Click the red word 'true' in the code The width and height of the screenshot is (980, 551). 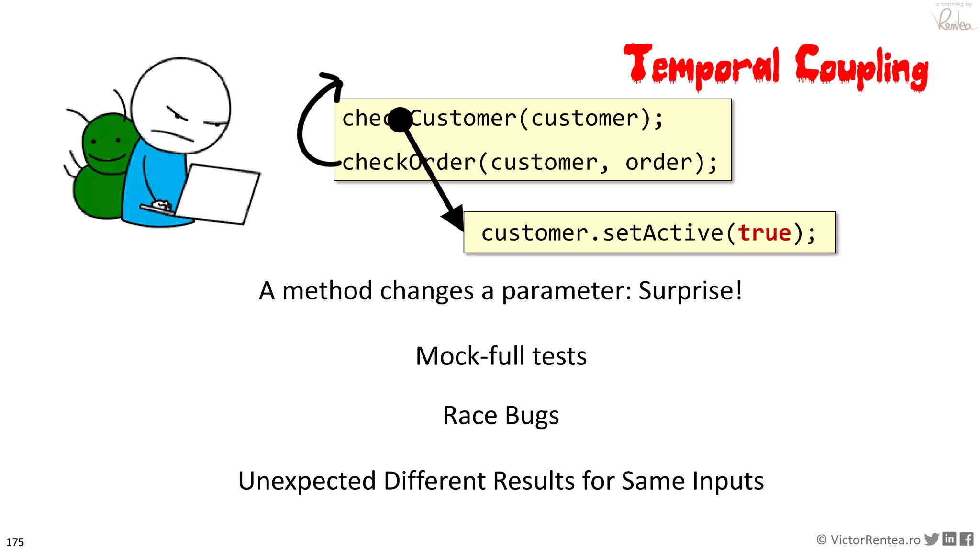pyautogui.click(x=764, y=233)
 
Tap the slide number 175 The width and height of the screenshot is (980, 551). pyautogui.click(x=15, y=542)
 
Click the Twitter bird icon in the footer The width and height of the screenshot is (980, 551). pyautogui.click(x=932, y=539)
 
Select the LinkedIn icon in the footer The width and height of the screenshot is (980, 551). pyautogui.click(x=949, y=539)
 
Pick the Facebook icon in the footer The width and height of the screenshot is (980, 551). pyautogui.click(x=967, y=539)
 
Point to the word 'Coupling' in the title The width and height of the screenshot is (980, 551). pyautogui.click(x=861, y=67)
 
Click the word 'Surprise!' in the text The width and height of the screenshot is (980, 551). pyautogui.click(x=690, y=290)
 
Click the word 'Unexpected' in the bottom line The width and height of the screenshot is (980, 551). pyautogui.click(x=307, y=481)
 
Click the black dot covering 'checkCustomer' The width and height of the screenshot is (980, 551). pyautogui.click(x=400, y=119)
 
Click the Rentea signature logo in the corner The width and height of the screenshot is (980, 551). pyautogui.click(x=953, y=19)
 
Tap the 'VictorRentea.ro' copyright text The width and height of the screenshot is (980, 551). pyautogui.click(x=868, y=540)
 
